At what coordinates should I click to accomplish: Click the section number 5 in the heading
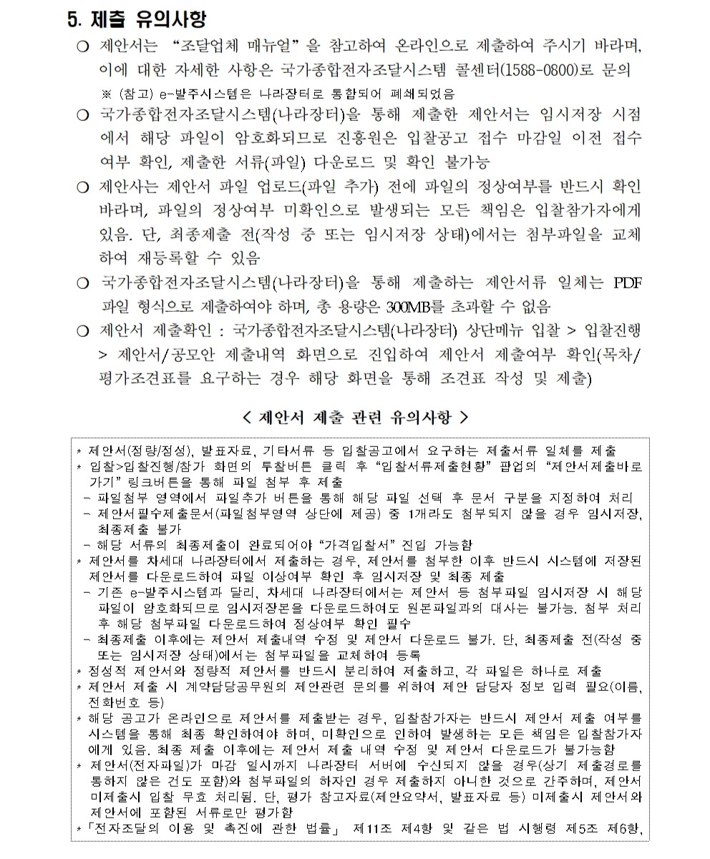click(71, 20)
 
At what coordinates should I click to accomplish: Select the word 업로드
click(277, 189)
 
